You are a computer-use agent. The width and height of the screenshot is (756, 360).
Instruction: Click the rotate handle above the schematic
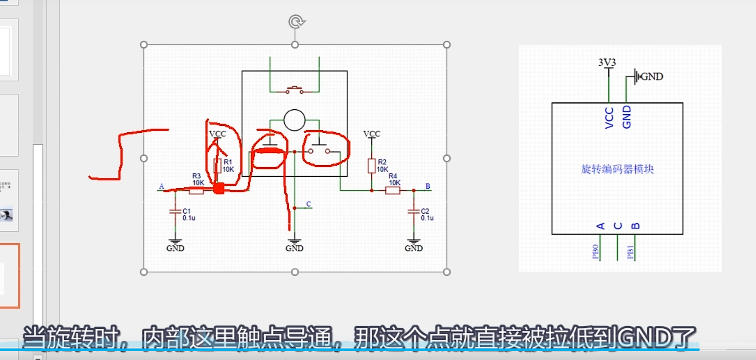(x=296, y=22)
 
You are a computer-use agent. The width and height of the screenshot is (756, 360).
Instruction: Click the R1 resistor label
(x=228, y=162)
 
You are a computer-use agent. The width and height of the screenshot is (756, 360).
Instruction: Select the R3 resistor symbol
(x=196, y=191)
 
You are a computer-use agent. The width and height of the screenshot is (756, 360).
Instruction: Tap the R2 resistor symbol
(x=371, y=166)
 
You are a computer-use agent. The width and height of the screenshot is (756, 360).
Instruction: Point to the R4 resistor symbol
(x=392, y=191)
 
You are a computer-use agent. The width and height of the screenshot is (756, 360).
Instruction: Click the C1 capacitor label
(x=187, y=211)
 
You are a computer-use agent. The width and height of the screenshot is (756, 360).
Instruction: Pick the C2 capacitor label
(x=425, y=211)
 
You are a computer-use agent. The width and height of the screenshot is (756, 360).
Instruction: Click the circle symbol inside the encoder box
(x=294, y=120)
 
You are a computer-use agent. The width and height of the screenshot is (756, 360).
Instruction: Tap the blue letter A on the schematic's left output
(x=161, y=186)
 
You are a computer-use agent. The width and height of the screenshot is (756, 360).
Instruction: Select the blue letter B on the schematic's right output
(x=428, y=186)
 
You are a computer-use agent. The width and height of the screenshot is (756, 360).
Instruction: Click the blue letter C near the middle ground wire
(x=308, y=204)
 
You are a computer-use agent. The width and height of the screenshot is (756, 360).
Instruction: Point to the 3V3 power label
(x=607, y=62)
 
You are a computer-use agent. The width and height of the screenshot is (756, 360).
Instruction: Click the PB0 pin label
(x=595, y=251)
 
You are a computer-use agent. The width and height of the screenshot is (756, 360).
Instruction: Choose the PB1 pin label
(x=630, y=252)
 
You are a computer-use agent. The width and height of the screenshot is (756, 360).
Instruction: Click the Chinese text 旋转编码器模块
(x=617, y=169)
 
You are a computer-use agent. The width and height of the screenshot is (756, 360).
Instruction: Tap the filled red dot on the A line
(x=219, y=189)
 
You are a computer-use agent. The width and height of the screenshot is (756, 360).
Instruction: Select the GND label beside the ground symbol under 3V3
(x=652, y=77)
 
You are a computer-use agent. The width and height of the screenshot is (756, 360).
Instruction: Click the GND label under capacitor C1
(x=175, y=248)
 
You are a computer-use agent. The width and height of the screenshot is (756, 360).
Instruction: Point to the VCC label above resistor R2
(x=372, y=134)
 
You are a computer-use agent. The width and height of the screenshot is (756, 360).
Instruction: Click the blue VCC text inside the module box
(x=609, y=118)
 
